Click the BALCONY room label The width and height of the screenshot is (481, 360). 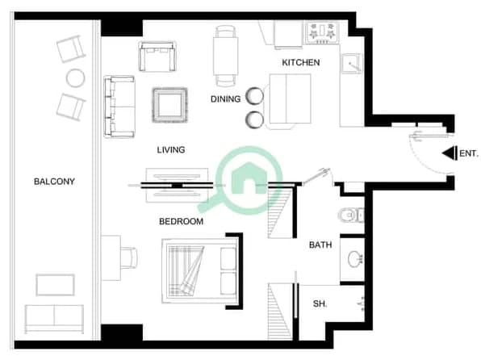point(54,182)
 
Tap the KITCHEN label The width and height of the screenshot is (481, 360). point(301,63)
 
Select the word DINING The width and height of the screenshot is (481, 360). point(225,99)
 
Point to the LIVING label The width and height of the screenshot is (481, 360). point(171,150)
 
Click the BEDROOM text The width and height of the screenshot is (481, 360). point(181,221)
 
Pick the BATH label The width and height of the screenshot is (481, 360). point(320,245)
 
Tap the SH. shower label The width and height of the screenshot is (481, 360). point(320,303)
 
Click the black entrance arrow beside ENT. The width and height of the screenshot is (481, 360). point(450,153)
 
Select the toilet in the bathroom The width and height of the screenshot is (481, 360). point(351,215)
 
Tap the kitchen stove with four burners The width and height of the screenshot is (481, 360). point(322,32)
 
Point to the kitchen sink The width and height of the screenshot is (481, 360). point(352,64)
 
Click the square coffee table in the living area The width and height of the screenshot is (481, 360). point(170,105)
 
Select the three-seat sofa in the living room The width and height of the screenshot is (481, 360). point(119,107)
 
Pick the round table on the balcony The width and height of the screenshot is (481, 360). point(76,78)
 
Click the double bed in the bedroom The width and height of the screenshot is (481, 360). point(200,271)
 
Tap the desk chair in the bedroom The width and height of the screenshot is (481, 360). point(129,258)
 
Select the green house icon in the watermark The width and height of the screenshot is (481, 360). point(249,178)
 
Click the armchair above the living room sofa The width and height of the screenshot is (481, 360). point(157,57)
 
